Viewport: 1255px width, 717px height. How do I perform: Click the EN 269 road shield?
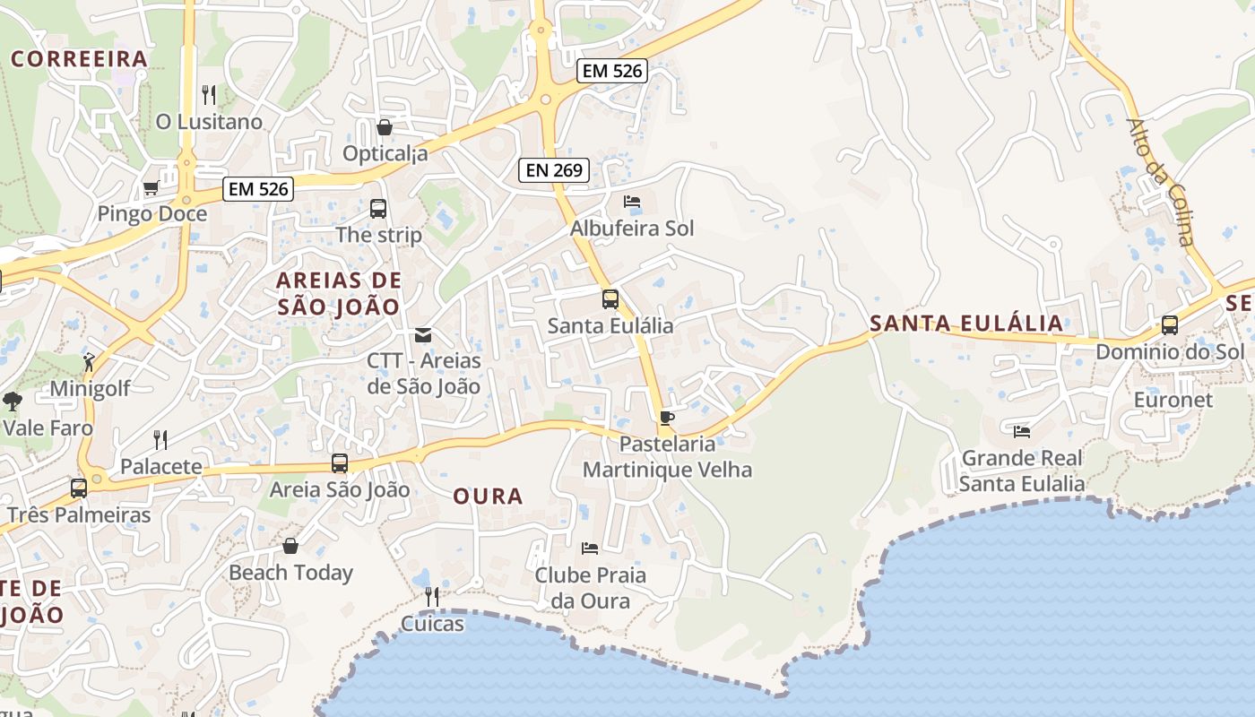553,169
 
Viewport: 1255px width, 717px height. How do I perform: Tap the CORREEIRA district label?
79,59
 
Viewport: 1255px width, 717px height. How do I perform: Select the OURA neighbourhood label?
488,496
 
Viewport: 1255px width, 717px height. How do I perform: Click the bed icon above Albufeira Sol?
632,202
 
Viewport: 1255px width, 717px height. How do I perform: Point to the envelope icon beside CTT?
422,335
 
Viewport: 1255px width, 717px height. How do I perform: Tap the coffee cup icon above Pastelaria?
666,417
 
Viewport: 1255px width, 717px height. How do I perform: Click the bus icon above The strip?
378,209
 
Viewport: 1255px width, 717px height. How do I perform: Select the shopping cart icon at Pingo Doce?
151,188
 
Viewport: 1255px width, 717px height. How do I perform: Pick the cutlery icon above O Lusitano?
209,94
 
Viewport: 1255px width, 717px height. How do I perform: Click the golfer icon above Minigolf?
89,362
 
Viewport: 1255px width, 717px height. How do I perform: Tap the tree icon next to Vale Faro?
12,401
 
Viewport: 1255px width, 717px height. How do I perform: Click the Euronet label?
1173,400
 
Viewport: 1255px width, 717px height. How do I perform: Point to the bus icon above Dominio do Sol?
1170,325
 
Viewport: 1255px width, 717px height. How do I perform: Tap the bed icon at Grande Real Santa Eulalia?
1021,432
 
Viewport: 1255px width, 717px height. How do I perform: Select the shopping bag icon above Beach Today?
290,546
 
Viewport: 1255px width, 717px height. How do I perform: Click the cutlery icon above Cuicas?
432,596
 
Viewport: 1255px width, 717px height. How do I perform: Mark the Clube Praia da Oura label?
590,587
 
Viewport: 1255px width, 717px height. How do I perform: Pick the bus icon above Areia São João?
340,463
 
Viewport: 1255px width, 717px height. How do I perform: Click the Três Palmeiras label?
79,515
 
